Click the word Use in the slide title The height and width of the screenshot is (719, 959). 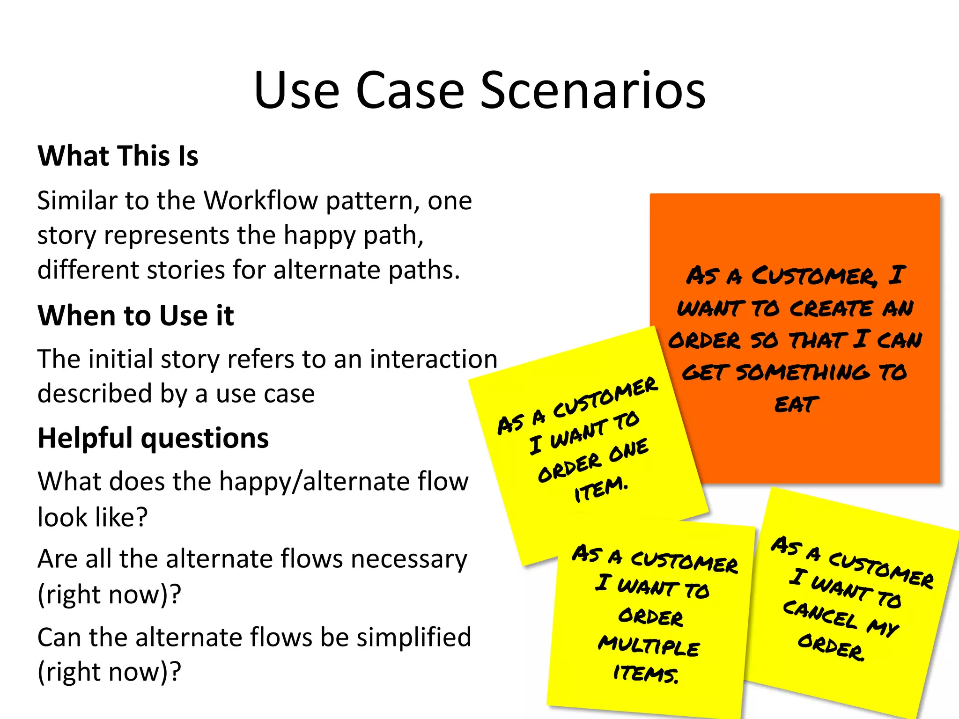pos(296,90)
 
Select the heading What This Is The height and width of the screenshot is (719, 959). pos(118,156)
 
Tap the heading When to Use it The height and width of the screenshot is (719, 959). pos(136,315)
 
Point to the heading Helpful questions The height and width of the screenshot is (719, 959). pos(153,438)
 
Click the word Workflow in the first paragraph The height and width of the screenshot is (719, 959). pos(261,201)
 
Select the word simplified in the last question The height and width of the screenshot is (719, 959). pos(413,638)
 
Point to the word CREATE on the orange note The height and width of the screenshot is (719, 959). pos(831,308)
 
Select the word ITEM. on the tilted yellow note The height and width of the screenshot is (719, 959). pos(600,489)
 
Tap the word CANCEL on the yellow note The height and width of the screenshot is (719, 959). pos(820,614)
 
